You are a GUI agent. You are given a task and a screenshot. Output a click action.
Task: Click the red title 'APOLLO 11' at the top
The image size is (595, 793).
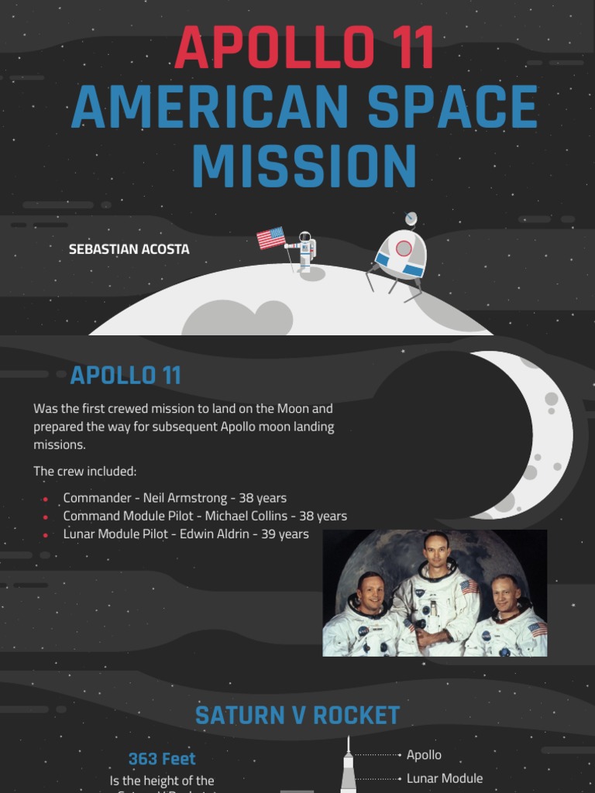click(x=304, y=48)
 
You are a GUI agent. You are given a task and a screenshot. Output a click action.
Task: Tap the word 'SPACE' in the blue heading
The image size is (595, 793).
click(x=452, y=107)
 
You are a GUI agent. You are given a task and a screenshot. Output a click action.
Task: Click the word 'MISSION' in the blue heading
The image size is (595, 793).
click(x=304, y=166)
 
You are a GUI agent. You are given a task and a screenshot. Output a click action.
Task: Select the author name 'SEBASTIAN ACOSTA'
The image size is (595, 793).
click(x=129, y=249)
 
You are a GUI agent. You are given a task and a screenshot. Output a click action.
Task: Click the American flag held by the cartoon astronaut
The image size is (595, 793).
click(x=271, y=238)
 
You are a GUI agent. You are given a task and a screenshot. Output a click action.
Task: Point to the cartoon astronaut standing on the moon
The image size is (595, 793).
click(x=305, y=250)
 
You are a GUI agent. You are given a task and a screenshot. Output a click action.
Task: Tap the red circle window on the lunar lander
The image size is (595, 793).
click(x=404, y=248)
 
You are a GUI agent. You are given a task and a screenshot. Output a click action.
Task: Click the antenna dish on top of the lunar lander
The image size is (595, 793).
click(x=411, y=218)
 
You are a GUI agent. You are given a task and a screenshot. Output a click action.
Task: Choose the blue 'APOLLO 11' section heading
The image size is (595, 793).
click(x=126, y=376)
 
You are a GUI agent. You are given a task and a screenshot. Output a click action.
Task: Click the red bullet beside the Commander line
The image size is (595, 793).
click(x=46, y=499)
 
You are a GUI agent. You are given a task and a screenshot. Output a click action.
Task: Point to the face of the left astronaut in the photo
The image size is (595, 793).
click(x=370, y=592)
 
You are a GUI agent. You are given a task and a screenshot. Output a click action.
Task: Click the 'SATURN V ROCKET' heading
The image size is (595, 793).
click(x=297, y=716)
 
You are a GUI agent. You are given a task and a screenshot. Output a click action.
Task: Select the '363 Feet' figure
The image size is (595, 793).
click(x=162, y=759)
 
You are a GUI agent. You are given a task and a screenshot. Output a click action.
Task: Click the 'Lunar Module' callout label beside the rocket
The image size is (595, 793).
click(x=445, y=778)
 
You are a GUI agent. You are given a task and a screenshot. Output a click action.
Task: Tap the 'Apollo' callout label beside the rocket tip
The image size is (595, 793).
click(x=424, y=754)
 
